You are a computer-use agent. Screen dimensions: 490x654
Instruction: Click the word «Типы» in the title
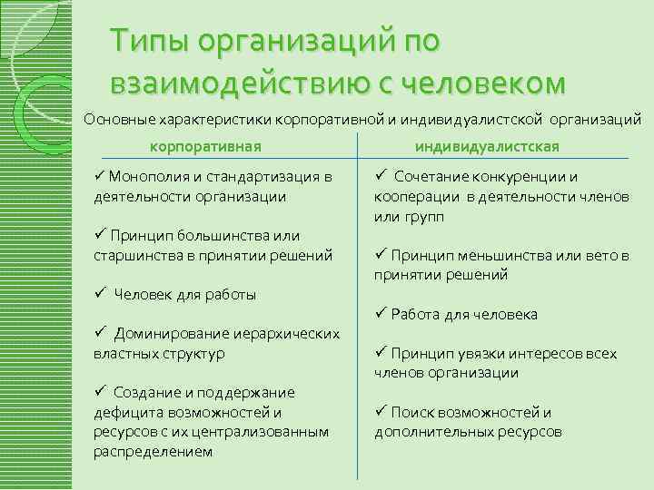point(148,41)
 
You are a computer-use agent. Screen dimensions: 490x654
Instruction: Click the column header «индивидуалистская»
point(486,146)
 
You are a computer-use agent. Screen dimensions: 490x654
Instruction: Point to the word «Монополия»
point(154,176)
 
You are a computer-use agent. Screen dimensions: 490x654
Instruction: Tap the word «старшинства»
point(138,255)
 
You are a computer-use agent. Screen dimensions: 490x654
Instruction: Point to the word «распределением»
point(153,451)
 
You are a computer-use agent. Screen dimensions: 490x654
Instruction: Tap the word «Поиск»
point(411,412)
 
